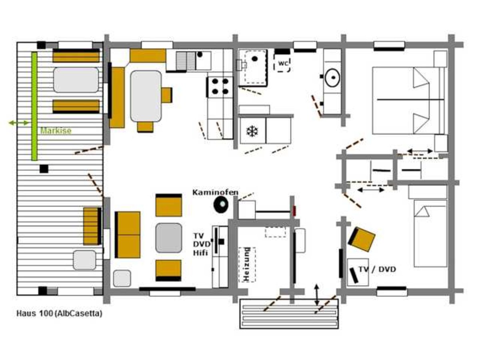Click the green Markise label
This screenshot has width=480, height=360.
(56, 130)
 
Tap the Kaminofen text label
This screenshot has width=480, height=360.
(215, 192)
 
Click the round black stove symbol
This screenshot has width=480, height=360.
(221, 204)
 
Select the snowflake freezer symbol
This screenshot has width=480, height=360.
(252, 131)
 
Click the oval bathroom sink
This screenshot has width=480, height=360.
(332, 78)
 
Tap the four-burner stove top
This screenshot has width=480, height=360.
(220, 87)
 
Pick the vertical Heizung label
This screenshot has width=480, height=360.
(247, 264)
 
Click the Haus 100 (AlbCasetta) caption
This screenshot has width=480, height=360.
(60, 314)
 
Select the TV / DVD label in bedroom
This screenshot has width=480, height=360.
(377, 269)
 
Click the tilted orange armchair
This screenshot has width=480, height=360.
(362, 240)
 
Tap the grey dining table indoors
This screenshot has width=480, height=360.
(146, 96)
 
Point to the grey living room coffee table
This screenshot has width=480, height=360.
(169, 238)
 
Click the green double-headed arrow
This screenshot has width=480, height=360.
(18, 123)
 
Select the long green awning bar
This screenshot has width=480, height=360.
(34, 106)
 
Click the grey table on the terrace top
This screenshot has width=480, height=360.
(76, 80)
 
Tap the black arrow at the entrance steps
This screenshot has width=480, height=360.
(316, 295)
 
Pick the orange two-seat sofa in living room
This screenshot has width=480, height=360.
(128, 235)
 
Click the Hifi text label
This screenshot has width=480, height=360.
(200, 253)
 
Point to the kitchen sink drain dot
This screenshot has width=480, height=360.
(200, 54)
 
